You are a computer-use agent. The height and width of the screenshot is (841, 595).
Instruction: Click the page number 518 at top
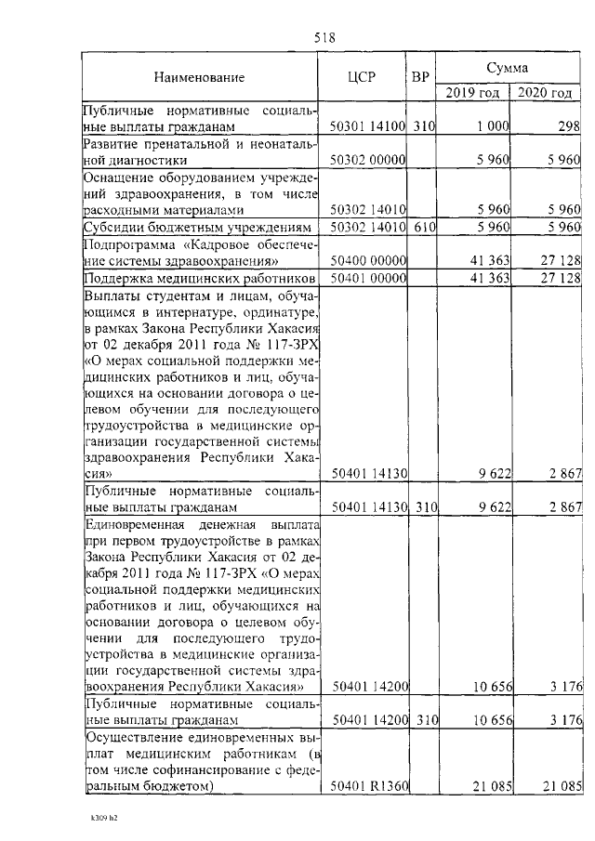coord(324,38)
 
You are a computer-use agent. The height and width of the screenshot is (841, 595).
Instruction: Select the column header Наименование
coord(200,76)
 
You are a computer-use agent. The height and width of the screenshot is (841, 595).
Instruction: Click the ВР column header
coord(420,76)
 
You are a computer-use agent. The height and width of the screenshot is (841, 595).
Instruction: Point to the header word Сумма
coord(508,68)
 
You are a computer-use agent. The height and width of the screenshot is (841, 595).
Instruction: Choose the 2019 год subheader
coord(472,92)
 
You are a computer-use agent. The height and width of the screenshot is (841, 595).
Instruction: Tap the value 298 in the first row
coord(569,125)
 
